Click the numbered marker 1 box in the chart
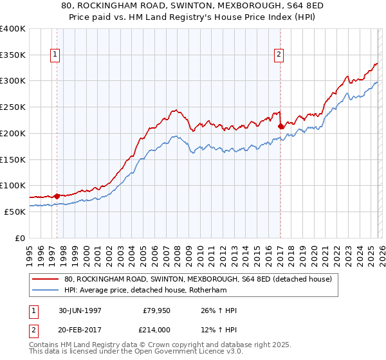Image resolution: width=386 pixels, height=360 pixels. point(56,55)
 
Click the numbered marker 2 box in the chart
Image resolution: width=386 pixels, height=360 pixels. point(279,55)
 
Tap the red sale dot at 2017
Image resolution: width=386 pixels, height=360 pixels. point(280,126)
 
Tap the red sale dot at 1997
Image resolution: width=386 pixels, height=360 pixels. point(57,196)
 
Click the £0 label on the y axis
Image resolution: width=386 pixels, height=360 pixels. point(21,238)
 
